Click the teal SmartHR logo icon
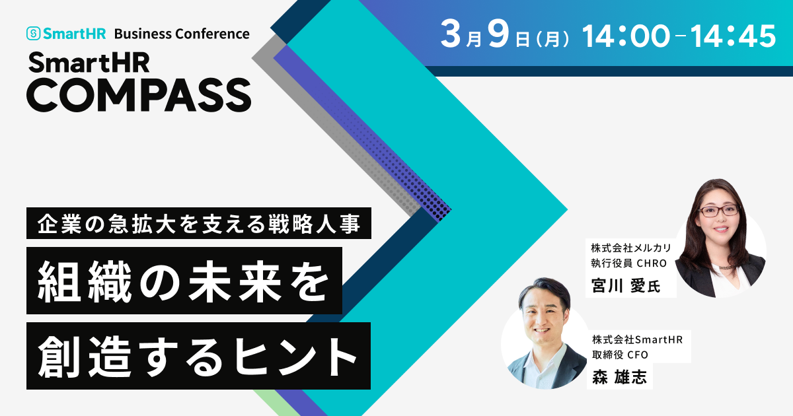33,34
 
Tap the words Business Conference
182,34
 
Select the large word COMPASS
139,95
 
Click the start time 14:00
626,36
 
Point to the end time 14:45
733,36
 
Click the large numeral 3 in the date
451,34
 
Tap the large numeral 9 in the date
499,34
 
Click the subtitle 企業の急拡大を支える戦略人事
199,224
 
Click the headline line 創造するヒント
198,356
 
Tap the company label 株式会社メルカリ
631,248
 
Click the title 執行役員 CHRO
628,263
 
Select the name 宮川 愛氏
626,286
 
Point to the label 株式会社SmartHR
637,339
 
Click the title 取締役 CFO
620,355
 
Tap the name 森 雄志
620,377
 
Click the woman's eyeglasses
719,211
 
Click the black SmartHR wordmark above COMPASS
89,62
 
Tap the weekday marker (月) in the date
553,39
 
